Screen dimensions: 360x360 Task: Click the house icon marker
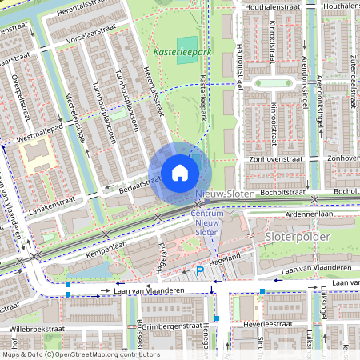(180, 173)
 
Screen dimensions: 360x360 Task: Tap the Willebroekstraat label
(35, 329)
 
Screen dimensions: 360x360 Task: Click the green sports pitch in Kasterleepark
(186, 46)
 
